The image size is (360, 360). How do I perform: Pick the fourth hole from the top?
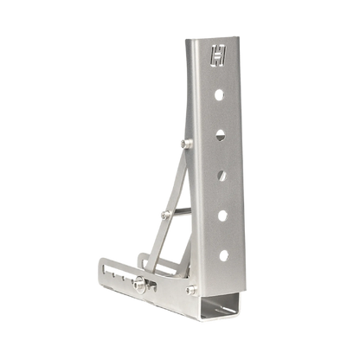pos(222,215)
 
